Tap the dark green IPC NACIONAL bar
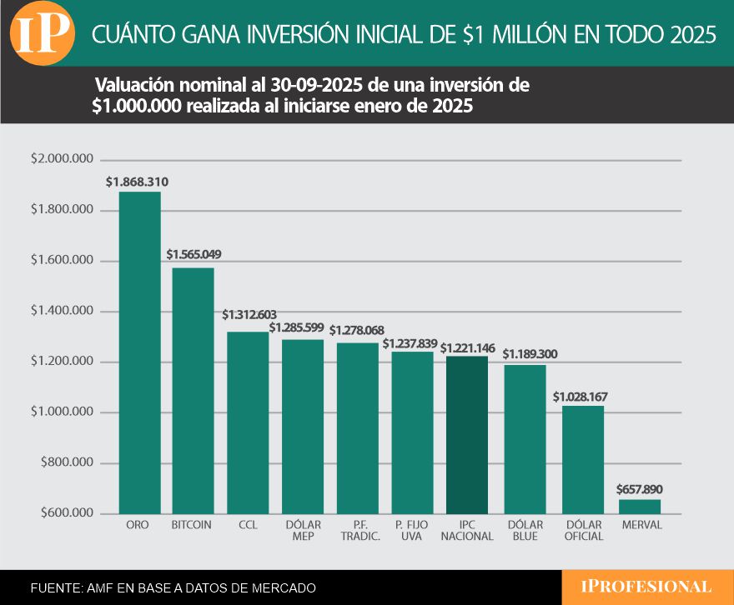point(467,434)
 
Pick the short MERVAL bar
point(640,506)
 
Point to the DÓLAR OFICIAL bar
point(583,459)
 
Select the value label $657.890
point(640,489)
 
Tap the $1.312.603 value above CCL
point(249,315)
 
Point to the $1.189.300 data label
point(530,354)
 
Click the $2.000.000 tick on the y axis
point(61,159)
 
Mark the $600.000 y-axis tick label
point(63,512)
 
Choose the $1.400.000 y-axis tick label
point(61,312)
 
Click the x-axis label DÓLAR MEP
point(303,531)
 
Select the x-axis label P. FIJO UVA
point(413,531)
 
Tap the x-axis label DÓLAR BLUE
point(525,531)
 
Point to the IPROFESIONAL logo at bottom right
point(647,587)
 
